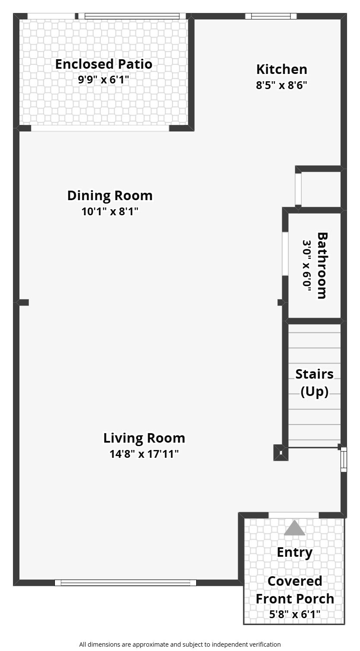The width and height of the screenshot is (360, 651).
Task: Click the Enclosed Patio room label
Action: (104, 64)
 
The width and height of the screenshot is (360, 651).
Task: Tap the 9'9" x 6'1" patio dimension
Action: (103, 80)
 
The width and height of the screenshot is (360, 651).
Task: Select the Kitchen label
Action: (281, 70)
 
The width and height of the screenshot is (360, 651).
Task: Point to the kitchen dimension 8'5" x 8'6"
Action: (281, 85)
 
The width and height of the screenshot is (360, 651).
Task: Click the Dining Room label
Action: (110, 195)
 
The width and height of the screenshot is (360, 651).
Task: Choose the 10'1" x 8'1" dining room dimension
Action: (110, 211)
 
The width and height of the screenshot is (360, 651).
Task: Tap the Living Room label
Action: (144, 438)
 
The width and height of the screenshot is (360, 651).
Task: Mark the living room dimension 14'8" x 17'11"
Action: (144, 453)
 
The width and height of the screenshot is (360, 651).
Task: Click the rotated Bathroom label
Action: (322, 265)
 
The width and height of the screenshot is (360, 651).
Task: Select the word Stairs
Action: (314, 374)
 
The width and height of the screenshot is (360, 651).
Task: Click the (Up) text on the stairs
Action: (314, 392)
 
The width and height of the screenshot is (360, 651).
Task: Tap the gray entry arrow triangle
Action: (294, 528)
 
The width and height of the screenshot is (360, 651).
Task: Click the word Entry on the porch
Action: (295, 552)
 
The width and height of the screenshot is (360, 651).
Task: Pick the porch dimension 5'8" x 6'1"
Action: (295, 614)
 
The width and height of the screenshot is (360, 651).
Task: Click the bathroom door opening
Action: (285, 253)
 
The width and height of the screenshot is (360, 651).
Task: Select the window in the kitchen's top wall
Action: (271, 16)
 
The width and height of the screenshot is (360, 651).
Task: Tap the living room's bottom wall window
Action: (125, 583)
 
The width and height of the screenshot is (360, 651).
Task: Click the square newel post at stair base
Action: (280, 453)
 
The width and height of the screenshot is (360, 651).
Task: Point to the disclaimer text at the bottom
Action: (180, 645)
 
